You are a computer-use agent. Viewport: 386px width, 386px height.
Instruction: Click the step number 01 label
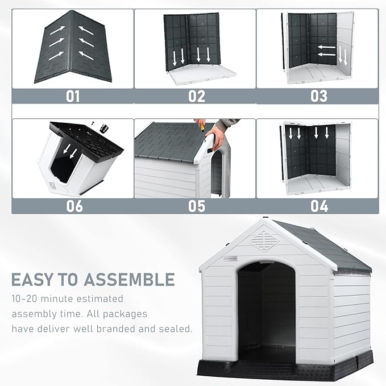click(x=73, y=96)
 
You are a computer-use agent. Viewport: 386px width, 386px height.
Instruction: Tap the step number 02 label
click(x=196, y=96)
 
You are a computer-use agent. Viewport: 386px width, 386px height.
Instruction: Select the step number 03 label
click(x=318, y=96)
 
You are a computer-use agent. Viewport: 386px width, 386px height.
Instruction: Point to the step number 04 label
click(x=318, y=205)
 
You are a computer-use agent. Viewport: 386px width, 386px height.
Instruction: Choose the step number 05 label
click(x=196, y=205)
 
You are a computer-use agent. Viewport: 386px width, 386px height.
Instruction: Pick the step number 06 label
click(x=74, y=205)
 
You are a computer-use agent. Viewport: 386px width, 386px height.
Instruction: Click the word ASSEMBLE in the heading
click(x=130, y=280)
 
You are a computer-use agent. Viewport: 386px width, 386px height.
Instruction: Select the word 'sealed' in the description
click(x=174, y=329)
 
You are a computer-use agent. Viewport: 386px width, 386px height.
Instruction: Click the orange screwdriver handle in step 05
click(x=200, y=123)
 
